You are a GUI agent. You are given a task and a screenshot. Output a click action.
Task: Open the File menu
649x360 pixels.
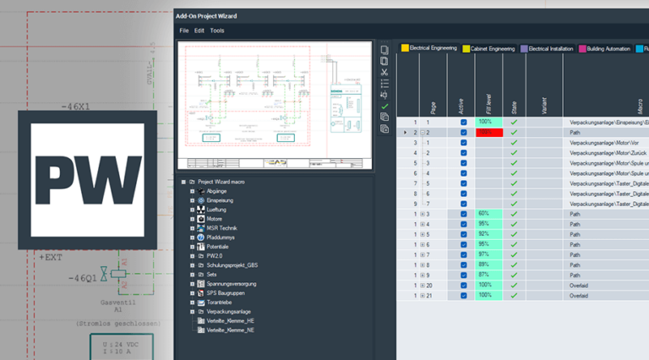pos(183,30)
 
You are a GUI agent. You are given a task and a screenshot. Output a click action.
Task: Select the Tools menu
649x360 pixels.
pos(217,30)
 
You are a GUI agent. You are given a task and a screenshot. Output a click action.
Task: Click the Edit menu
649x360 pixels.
pos(199,30)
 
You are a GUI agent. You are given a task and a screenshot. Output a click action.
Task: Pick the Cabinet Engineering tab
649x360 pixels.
pos(489,49)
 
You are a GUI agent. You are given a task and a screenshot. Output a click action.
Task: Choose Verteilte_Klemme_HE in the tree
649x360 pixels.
pos(231,321)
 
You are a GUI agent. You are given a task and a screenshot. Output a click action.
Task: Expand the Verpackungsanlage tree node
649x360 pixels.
pos(193,312)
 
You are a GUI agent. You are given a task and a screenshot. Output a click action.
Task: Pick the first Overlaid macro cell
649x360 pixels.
pos(579,285)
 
